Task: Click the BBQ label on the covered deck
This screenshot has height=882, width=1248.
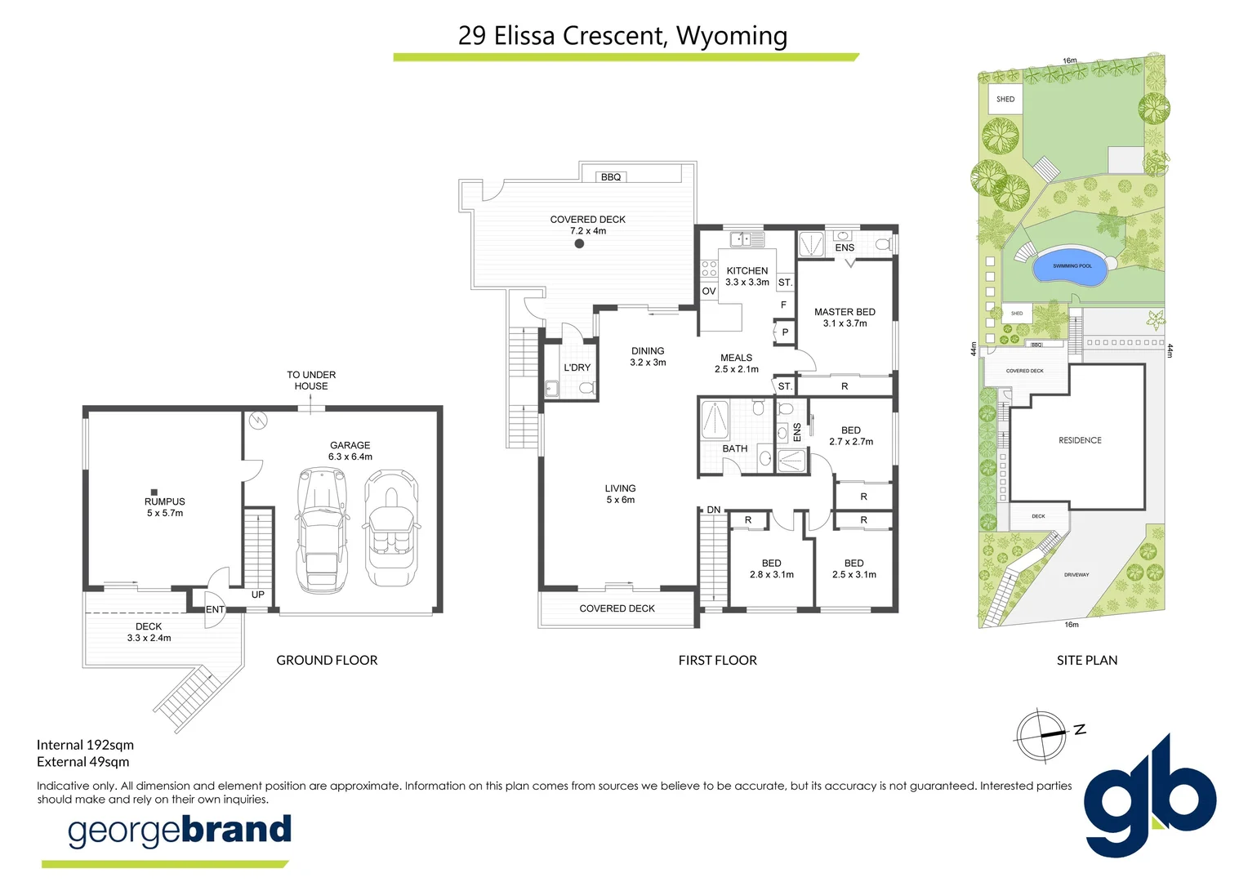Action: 611,177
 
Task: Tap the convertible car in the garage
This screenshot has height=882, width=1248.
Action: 391,528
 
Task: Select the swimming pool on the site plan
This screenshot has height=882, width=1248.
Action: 1072,267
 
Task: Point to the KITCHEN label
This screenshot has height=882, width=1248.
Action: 747,271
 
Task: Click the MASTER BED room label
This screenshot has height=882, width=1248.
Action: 845,312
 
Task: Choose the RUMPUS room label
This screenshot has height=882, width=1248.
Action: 165,501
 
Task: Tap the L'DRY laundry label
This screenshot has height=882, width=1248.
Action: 577,367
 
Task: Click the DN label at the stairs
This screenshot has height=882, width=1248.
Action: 714,510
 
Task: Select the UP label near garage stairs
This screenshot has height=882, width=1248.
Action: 258,595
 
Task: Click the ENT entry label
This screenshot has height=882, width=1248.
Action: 215,609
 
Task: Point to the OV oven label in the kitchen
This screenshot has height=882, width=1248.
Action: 709,292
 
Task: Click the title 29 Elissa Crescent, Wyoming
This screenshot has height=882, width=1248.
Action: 623,36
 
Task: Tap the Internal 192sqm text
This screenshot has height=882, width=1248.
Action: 85,745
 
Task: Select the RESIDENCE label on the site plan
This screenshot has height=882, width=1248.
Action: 1080,440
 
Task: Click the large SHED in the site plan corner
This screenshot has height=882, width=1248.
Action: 1005,100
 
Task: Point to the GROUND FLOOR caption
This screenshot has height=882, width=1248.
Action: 327,660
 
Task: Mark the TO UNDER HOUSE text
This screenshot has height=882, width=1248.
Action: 311,381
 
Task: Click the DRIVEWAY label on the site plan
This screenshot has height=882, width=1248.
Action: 1076,575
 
